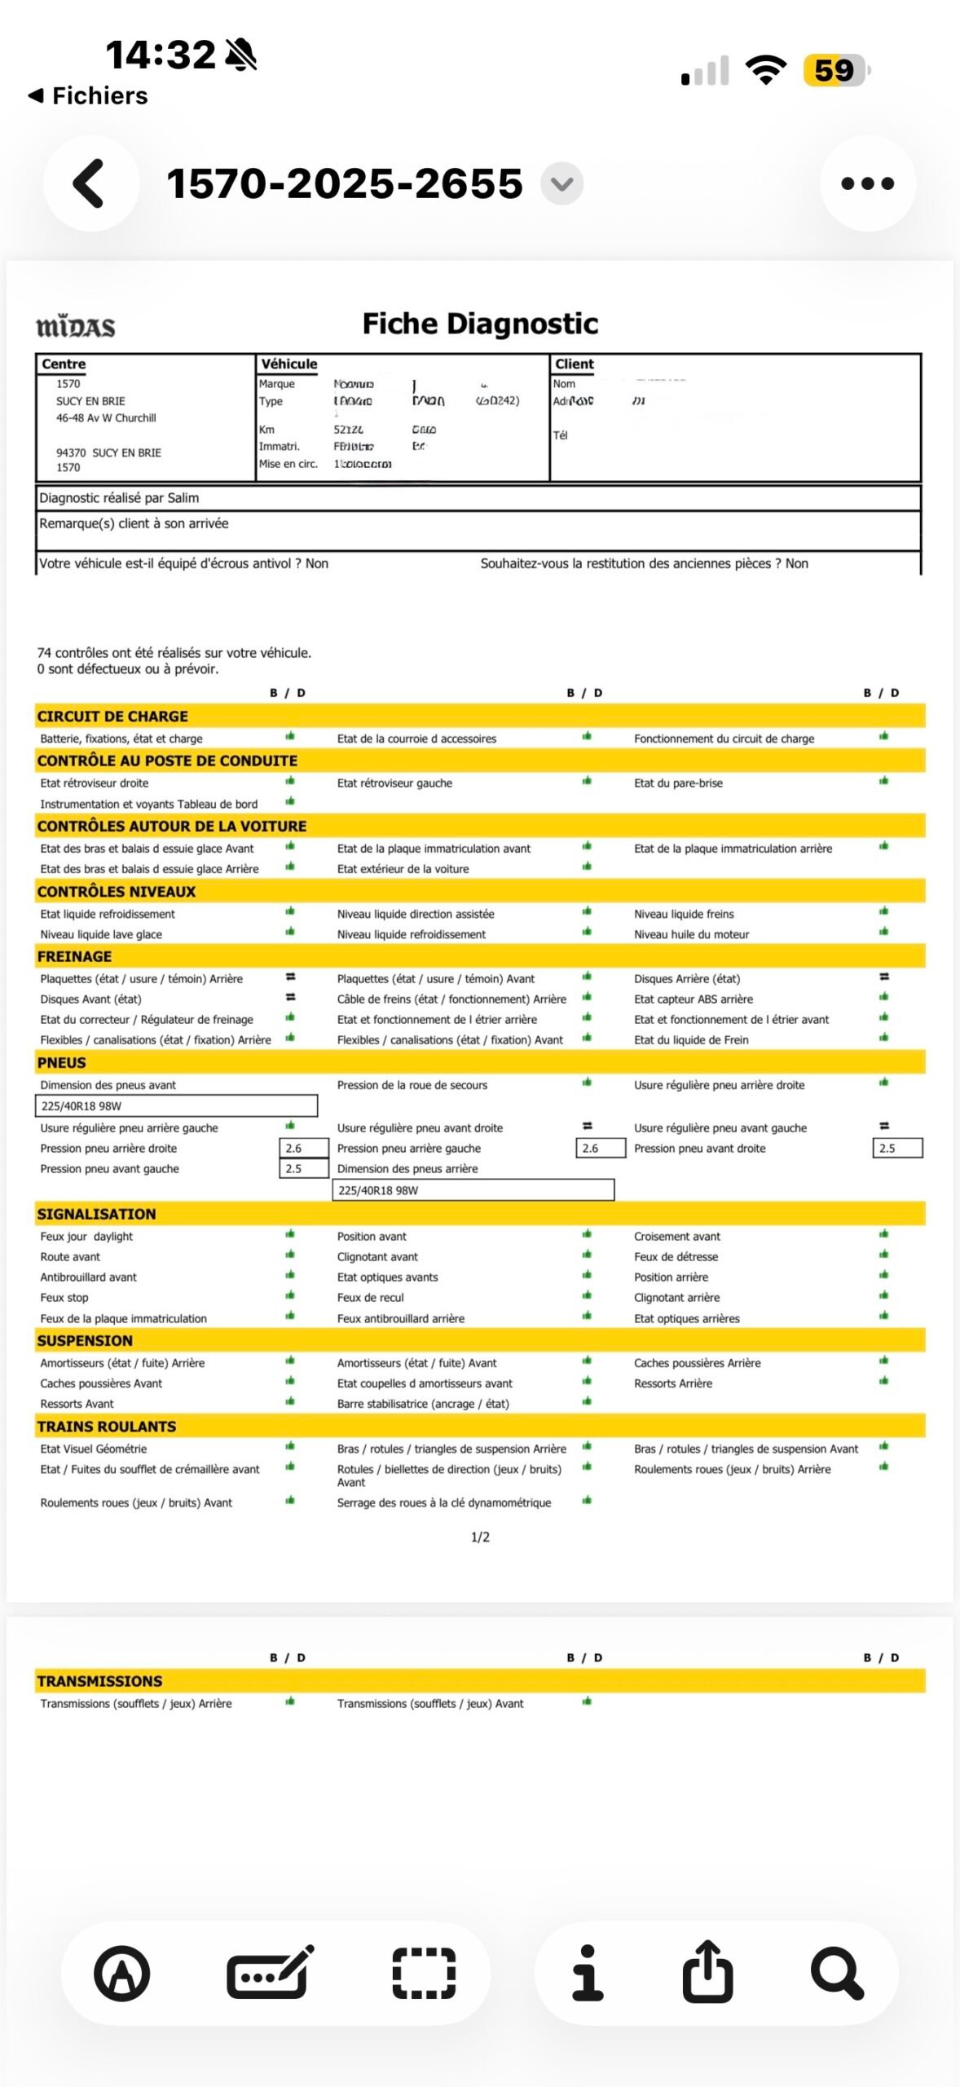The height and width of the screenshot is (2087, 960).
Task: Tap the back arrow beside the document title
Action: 90,183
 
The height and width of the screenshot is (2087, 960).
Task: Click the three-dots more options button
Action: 867,183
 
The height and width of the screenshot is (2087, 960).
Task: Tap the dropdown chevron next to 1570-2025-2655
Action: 561,183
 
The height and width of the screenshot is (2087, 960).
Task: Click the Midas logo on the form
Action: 76,327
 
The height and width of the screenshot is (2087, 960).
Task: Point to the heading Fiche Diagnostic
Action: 480,324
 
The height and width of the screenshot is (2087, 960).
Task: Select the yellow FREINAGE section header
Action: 74,956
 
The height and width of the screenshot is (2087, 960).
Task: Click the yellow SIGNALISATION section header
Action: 96,1214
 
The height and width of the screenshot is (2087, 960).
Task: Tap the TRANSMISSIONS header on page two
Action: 99,1681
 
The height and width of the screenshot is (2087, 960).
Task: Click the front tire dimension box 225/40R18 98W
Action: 176,1106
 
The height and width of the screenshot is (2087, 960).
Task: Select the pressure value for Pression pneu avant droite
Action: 896,1149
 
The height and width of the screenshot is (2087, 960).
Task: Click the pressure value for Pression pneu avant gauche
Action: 303,1169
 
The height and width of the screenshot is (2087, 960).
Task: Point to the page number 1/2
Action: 480,1538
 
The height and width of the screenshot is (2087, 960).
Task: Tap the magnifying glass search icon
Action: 836,1974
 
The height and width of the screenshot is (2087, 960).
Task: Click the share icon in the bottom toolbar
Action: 707,1973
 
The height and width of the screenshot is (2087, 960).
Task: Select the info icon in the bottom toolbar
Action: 587,1973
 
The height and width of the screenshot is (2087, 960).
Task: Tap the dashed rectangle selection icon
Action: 424,1974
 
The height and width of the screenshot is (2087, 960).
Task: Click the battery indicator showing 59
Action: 834,71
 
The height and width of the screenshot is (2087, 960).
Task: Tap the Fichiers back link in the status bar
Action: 90,96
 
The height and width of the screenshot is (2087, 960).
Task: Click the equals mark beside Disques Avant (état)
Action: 290,997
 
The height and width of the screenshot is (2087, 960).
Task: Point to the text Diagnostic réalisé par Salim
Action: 119,498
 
